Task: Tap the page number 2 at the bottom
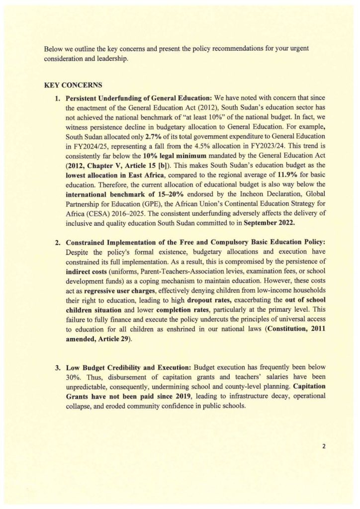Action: click(x=323, y=446)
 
